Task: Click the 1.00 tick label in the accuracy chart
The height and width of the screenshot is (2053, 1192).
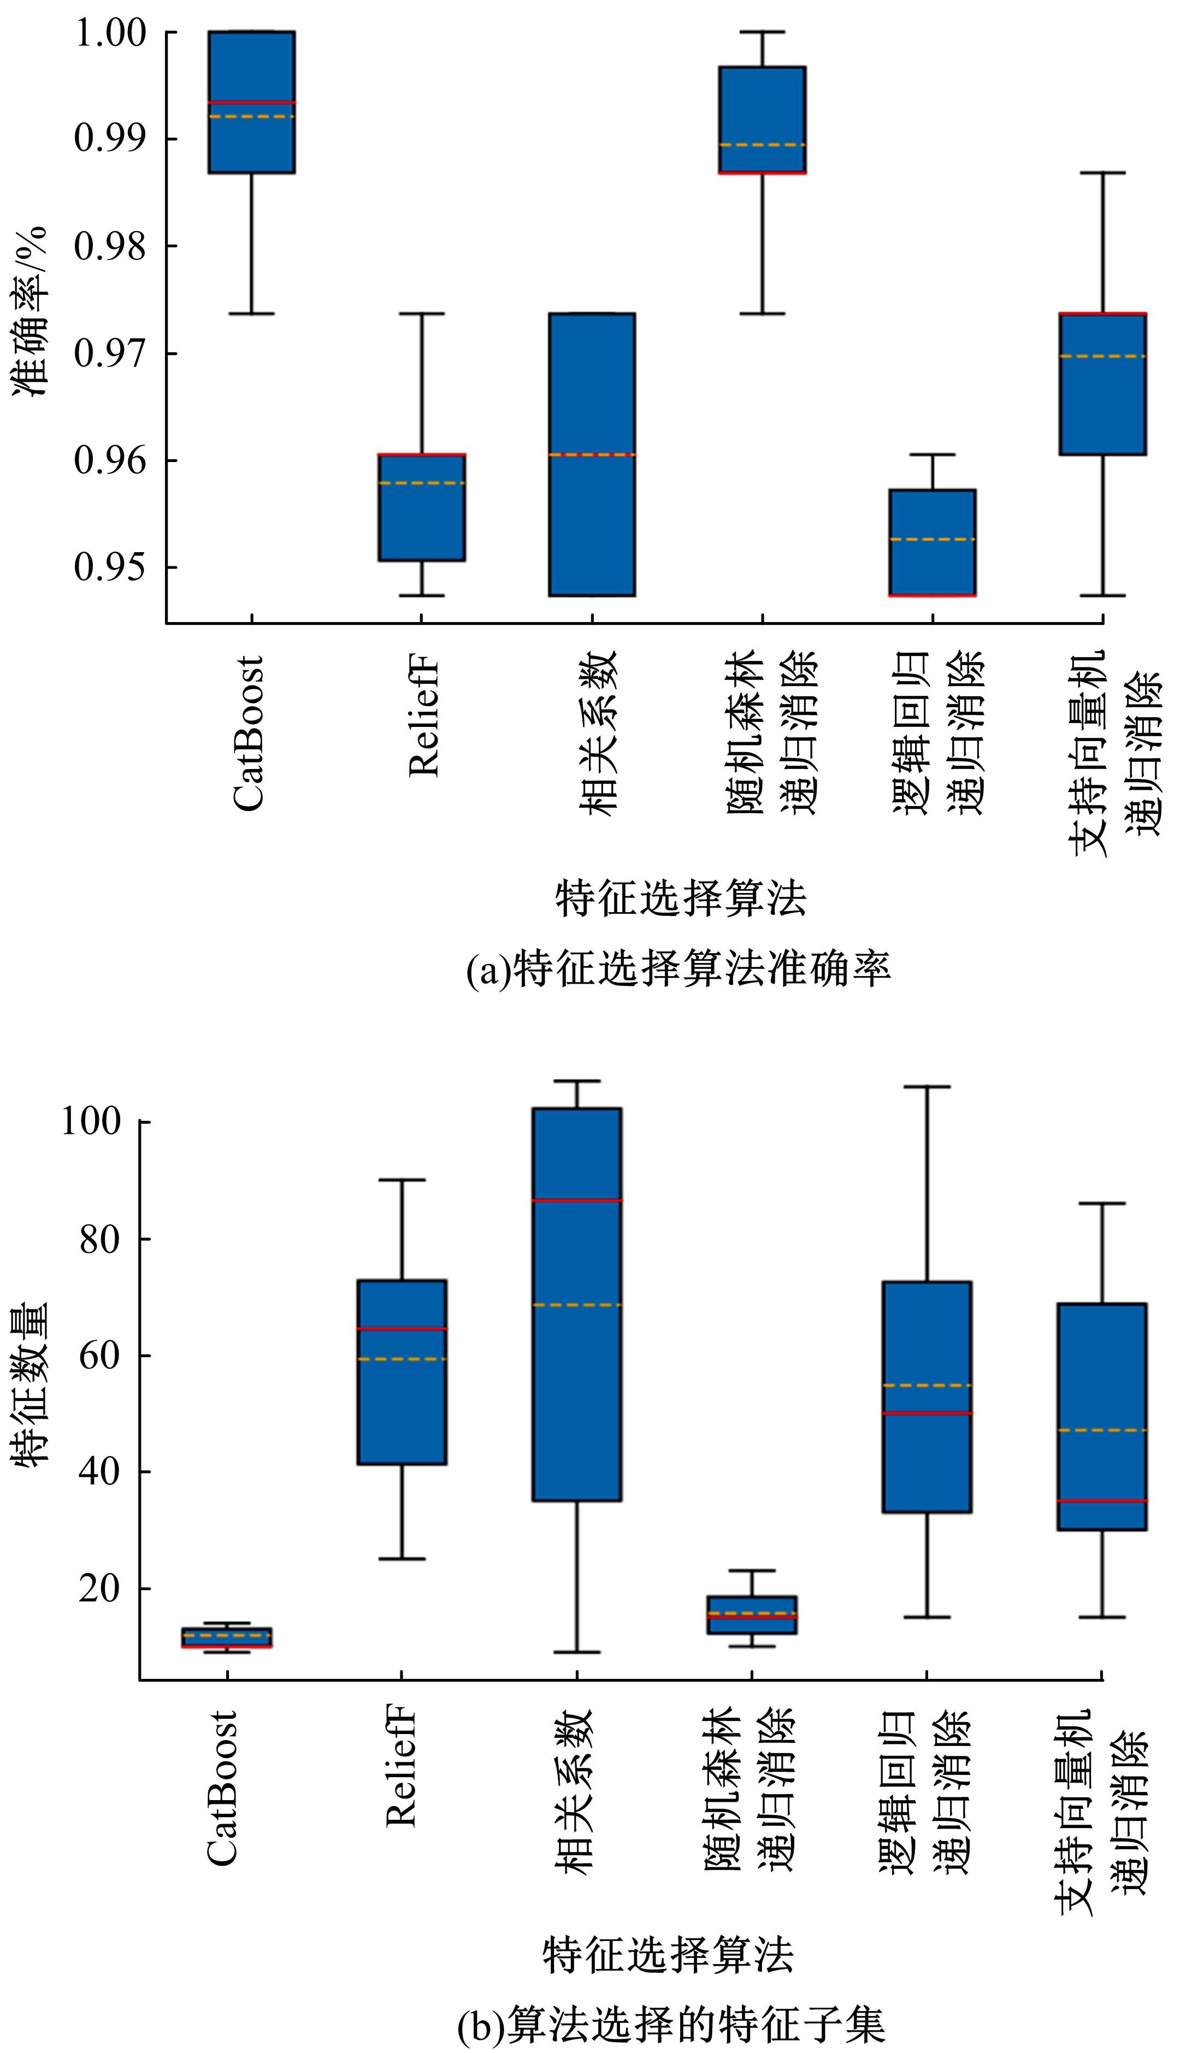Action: (110, 33)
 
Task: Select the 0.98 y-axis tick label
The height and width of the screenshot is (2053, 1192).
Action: (110, 246)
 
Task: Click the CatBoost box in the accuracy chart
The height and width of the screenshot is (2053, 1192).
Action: (252, 102)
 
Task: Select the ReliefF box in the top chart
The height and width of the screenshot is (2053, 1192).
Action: (421, 507)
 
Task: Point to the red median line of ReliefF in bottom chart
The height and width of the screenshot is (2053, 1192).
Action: (403, 1329)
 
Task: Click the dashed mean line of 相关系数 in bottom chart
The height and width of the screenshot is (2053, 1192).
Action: (577, 1305)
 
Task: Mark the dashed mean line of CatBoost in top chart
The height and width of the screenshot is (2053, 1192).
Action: (252, 116)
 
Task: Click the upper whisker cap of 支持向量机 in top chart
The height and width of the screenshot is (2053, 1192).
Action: (1102, 173)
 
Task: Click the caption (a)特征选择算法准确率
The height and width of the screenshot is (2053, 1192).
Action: (678, 969)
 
